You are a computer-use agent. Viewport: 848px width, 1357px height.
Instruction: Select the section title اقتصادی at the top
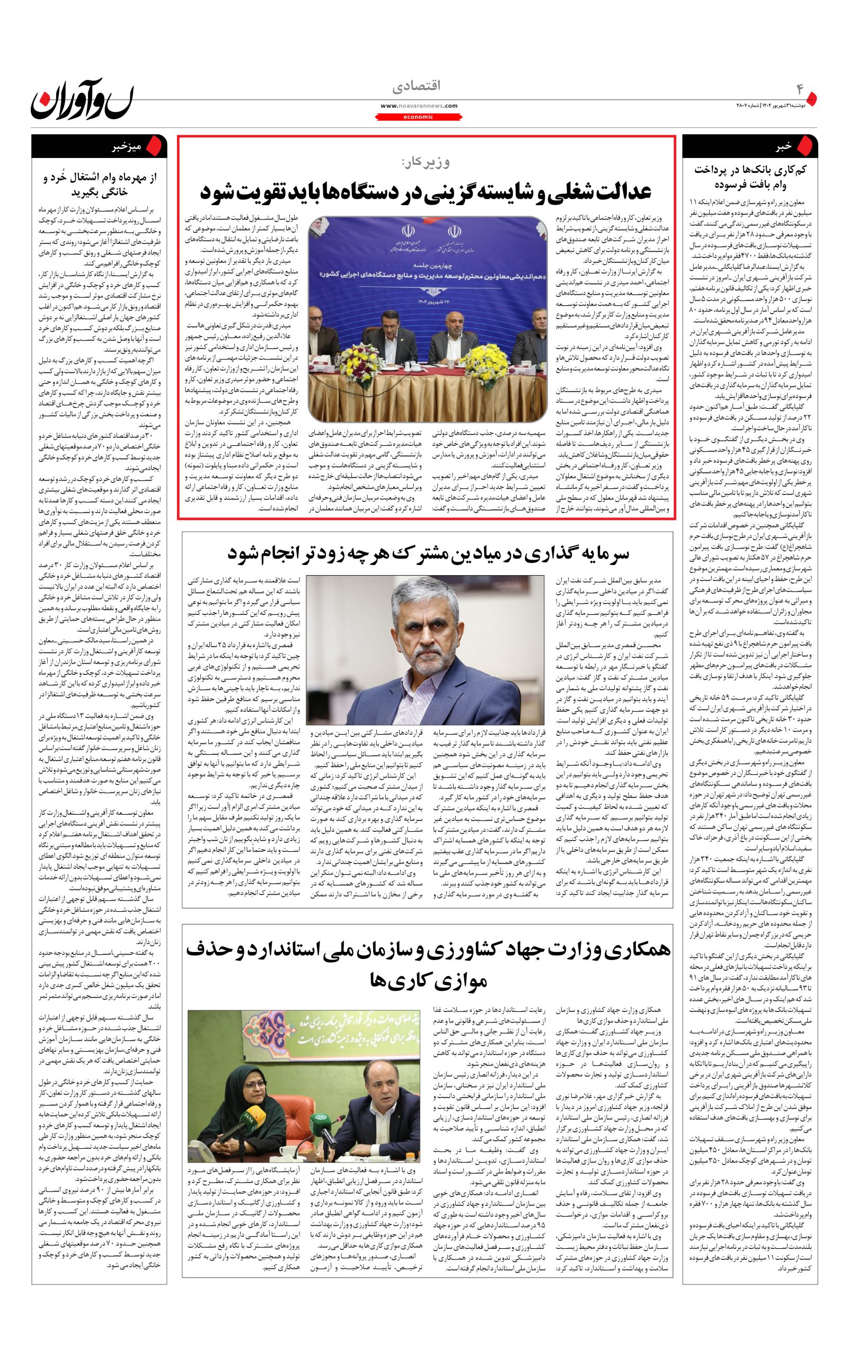pyautogui.click(x=418, y=86)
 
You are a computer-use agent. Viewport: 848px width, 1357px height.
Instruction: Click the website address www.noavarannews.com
pyautogui.click(x=418, y=105)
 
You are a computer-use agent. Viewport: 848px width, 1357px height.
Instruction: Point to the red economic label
pyautogui.click(x=418, y=117)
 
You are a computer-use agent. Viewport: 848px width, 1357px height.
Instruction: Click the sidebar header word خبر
pyautogui.click(x=783, y=146)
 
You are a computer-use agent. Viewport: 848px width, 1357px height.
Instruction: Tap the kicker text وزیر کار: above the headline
pyautogui.click(x=426, y=163)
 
